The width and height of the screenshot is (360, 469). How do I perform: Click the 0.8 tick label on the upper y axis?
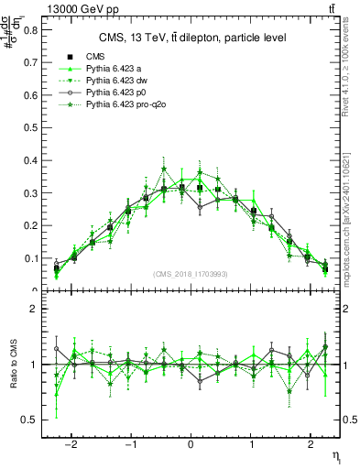pos(31,29)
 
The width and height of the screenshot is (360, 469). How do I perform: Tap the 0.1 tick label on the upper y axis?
pos(31,258)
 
